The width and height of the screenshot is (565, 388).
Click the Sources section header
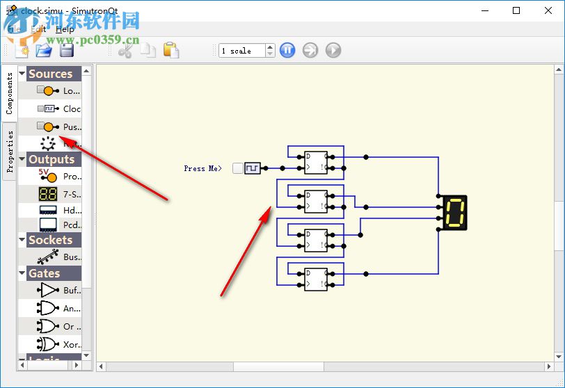pyautogui.click(x=50, y=74)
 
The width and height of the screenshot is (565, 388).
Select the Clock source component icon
pyautogui.click(x=49, y=108)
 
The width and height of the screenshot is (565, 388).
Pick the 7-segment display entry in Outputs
pyautogui.click(x=49, y=194)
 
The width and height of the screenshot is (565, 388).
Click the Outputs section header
pyautogui.click(x=51, y=159)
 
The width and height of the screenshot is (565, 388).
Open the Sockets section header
pyautogui.click(x=50, y=240)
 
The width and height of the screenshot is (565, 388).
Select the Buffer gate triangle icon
pyautogui.click(x=49, y=291)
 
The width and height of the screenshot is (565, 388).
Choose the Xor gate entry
pyautogui.click(x=49, y=344)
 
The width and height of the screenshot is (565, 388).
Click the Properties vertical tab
pyautogui.click(x=10, y=151)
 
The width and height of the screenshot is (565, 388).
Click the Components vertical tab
pyautogui.click(x=10, y=93)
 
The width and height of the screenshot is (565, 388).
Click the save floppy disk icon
pyautogui.click(x=67, y=50)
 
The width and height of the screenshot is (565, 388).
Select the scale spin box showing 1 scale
pyautogui.click(x=241, y=51)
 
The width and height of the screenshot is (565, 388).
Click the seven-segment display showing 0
pyautogui.click(x=454, y=213)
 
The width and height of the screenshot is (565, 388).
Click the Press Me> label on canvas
pyautogui.click(x=202, y=168)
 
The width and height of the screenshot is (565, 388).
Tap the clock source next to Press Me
pyautogui.click(x=252, y=168)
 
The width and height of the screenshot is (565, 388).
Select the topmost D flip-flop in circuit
pyautogui.click(x=316, y=163)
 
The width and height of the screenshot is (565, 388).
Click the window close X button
pyautogui.click(x=547, y=10)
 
